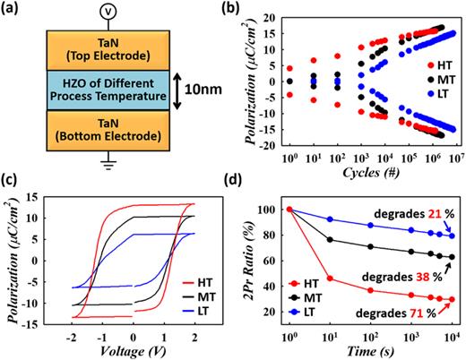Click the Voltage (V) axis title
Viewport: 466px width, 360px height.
(126, 349)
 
